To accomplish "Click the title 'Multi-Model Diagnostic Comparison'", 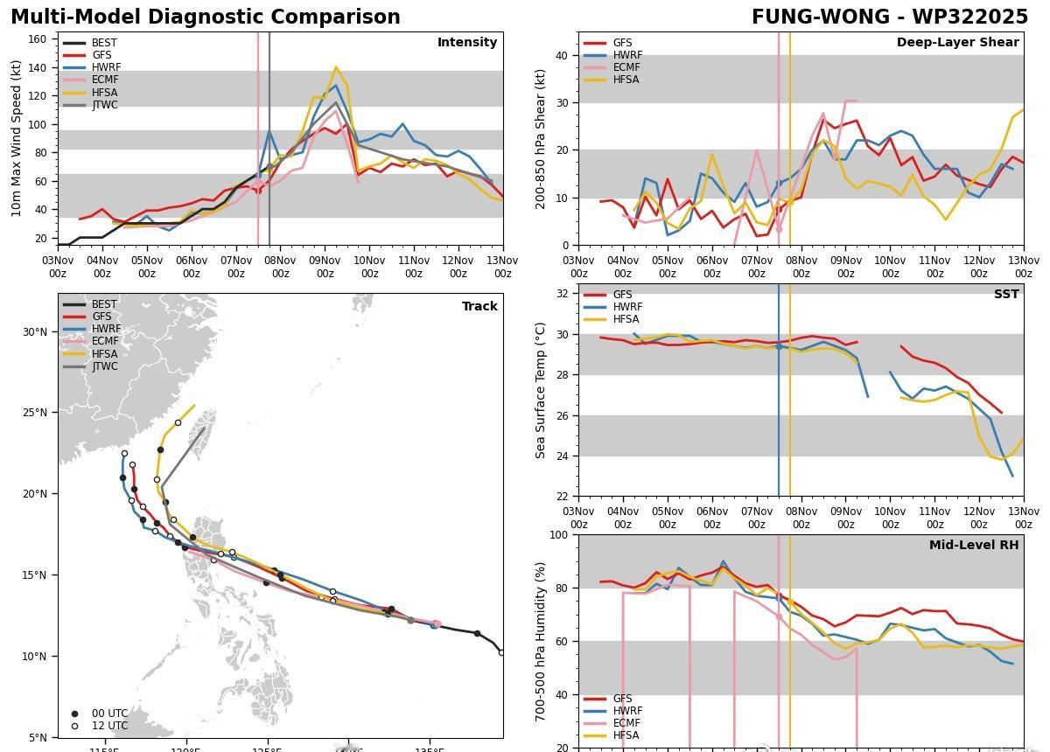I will [x=206, y=17].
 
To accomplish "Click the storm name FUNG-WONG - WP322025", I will [x=889, y=17].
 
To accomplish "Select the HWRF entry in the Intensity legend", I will [x=106, y=67].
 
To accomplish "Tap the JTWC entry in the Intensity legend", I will [x=104, y=105].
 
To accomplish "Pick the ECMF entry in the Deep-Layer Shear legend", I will [x=625, y=67].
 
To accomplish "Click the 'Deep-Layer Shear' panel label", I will [x=957, y=42].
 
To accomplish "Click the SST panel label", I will [x=1006, y=294].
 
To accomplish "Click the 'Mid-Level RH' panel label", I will [x=974, y=546].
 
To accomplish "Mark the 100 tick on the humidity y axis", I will [x=559, y=534].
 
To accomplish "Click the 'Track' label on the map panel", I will [x=479, y=306].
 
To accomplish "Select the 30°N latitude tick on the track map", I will [x=35, y=331].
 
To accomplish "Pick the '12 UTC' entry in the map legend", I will [x=109, y=726].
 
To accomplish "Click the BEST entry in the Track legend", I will [x=103, y=304].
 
